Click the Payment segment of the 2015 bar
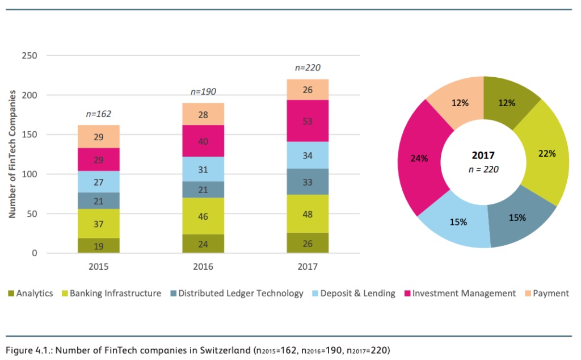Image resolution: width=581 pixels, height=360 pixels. tap(99, 136)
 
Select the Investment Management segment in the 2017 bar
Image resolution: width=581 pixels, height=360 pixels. tap(308, 121)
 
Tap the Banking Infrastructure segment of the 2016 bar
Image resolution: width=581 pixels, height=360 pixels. tap(203, 216)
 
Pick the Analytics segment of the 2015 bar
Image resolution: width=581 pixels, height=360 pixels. tap(99, 245)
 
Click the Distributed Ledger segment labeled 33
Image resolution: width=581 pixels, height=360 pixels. tap(308, 182)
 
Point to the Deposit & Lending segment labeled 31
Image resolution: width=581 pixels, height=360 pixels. tap(203, 169)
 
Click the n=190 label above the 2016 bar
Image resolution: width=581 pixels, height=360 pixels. tap(203, 91)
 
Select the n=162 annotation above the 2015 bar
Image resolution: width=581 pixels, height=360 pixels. tap(99, 114)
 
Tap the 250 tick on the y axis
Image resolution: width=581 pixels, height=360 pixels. tap(30, 56)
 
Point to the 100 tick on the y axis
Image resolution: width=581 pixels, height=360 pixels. tap(30, 174)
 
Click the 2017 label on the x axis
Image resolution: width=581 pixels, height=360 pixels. tap(308, 266)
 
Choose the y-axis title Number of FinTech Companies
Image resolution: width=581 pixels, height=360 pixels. tap(12, 154)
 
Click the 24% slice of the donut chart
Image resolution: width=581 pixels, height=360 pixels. tap(422, 157)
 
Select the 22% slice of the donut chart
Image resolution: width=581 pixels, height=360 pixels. tap(545, 153)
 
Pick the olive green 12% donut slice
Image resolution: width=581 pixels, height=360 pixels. tap(507, 102)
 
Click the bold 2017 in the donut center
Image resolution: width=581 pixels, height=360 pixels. tap(483, 156)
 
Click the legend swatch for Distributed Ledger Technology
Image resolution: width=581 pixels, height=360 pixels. tap(174, 293)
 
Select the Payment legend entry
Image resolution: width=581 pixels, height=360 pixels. tap(547, 293)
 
